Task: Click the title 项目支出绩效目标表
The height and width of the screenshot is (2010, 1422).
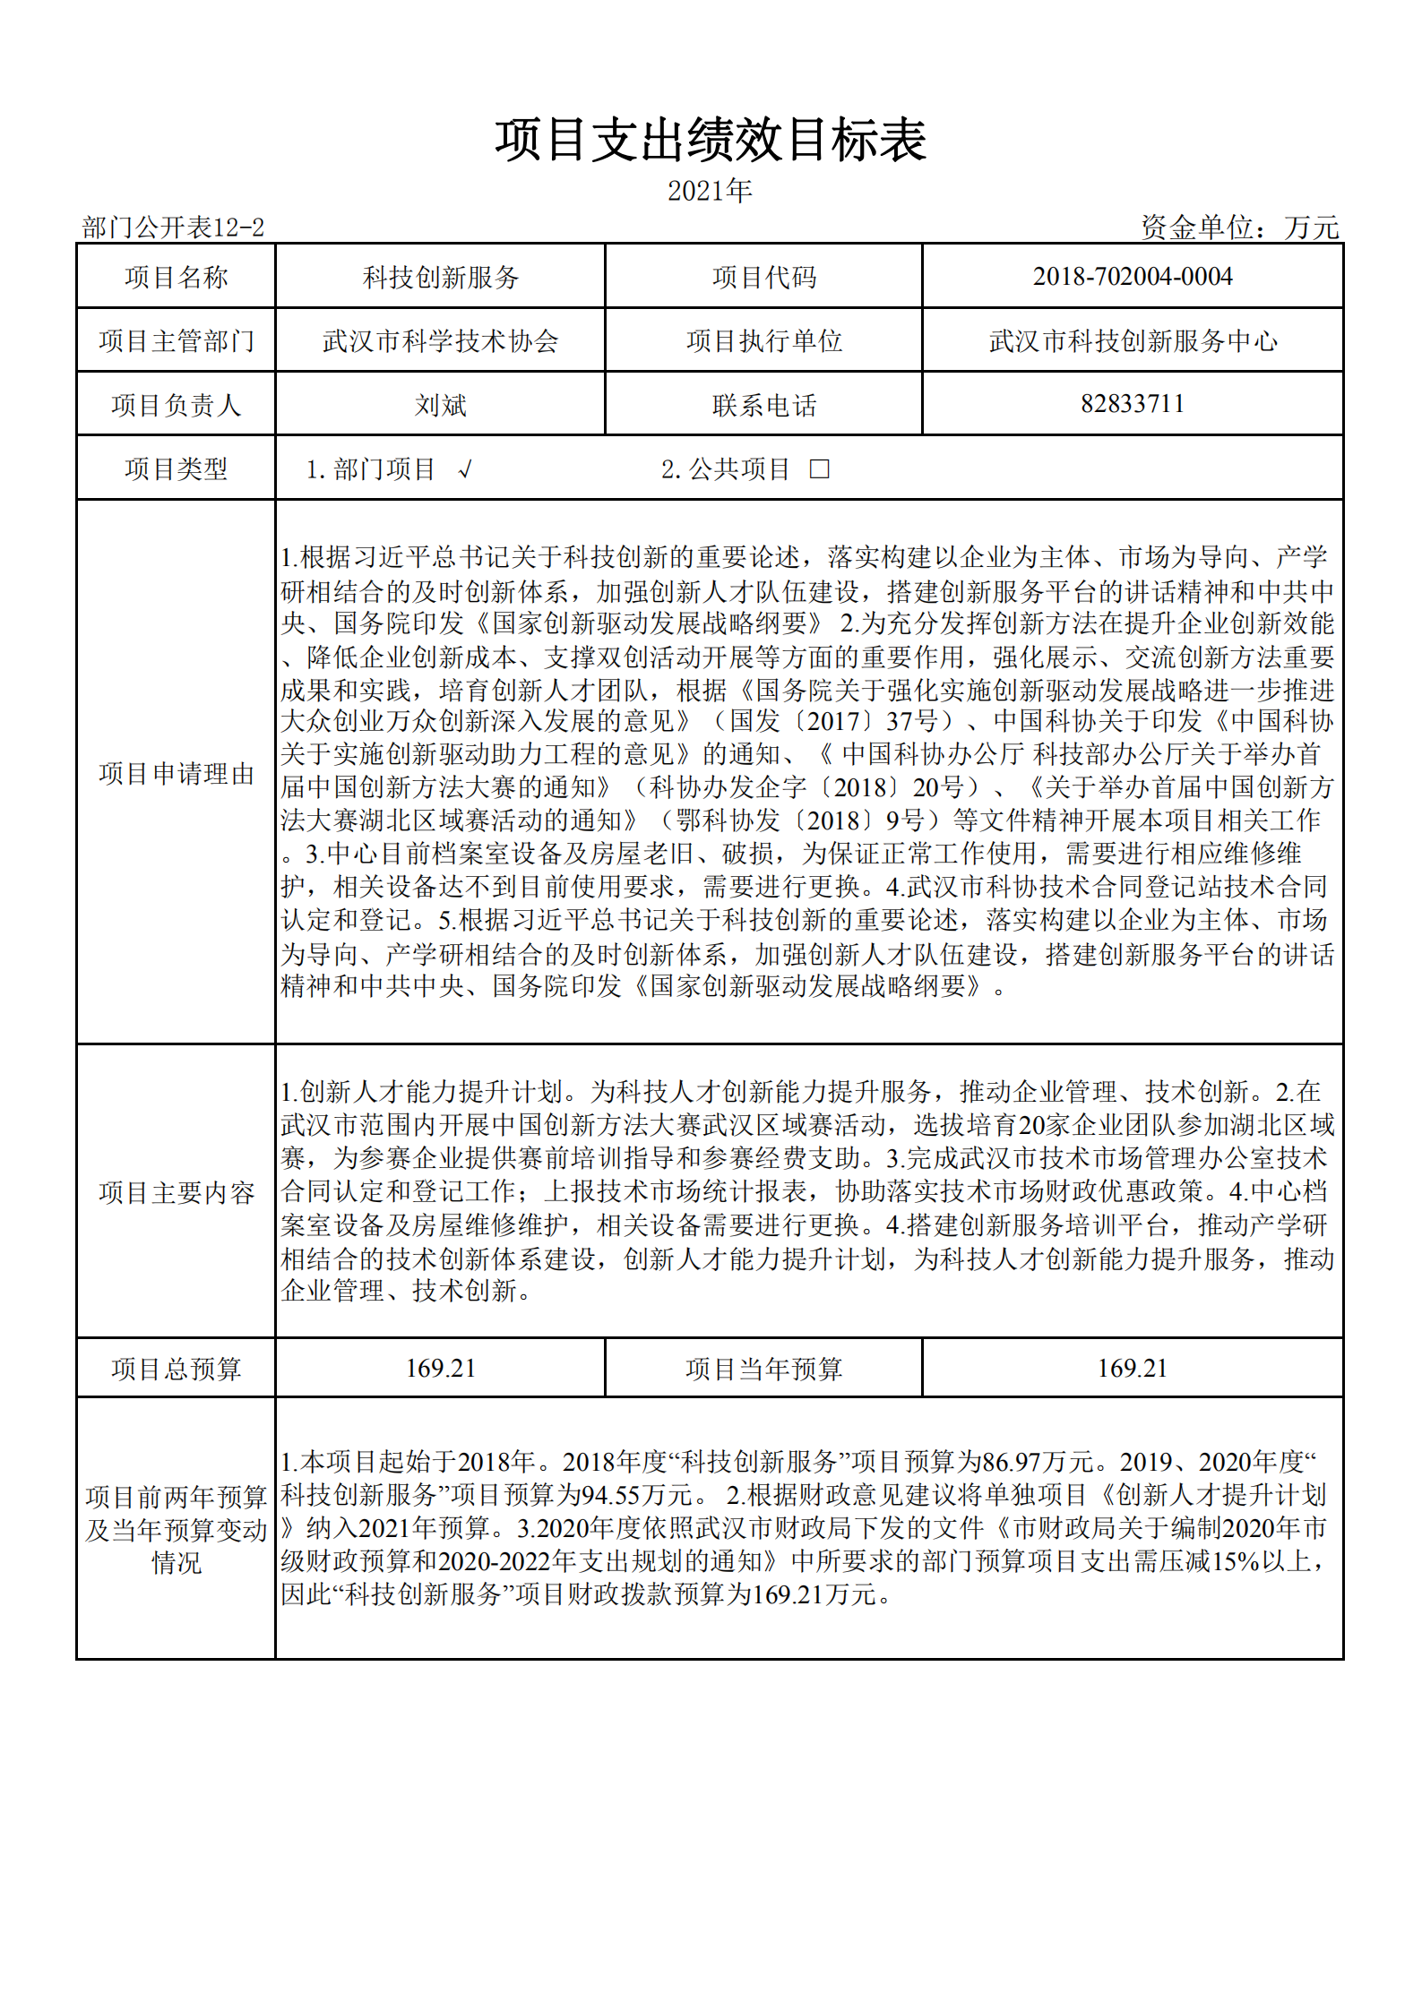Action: (x=711, y=142)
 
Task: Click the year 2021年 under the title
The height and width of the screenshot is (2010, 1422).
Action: (x=710, y=191)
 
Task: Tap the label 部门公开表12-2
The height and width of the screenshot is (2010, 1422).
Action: (x=173, y=228)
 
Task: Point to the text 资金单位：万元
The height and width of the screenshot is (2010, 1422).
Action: (x=1239, y=228)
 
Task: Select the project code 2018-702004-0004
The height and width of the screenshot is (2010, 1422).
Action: (x=1133, y=277)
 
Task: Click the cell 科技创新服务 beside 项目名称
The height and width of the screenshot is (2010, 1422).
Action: (x=440, y=278)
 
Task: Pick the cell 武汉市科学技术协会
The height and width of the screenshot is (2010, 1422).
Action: (x=440, y=341)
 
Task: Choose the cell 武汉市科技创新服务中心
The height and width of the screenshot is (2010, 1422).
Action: (x=1133, y=341)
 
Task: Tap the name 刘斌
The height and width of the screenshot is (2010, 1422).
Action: (x=440, y=405)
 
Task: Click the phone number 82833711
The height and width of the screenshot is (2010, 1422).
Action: (x=1133, y=404)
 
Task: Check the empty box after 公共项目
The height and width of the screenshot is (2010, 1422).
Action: (x=819, y=468)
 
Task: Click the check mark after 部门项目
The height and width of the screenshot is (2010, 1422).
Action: (x=464, y=468)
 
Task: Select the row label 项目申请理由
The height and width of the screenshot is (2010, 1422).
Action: (x=177, y=773)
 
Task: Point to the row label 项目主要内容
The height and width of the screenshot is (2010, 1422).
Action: (x=177, y=1192)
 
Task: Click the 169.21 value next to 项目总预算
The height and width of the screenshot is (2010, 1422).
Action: (x=440, y=1368)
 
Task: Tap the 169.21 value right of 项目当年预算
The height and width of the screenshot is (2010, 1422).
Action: (x=1133, y=1368)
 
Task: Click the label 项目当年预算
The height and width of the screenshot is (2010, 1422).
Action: (x=763, y=1369)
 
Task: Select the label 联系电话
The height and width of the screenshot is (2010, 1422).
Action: (x=763, y=405)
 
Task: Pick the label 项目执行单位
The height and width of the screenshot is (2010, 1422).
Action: (x=763, y=341)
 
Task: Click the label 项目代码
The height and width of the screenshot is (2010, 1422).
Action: (x=763, y=278)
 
